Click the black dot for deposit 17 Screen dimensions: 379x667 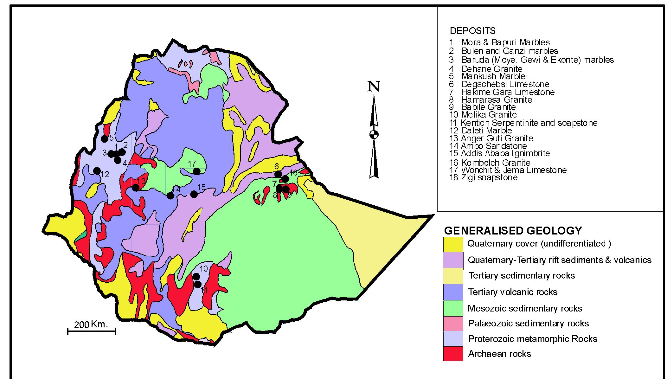pyautogui.click(x=197, y=171)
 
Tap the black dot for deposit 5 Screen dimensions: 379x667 pyautogui.click(x=104, y=138)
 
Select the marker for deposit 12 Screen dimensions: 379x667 pyautogui.click(x=97, y=171)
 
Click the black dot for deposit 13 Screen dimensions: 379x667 pyautogui.click(x=135, y=188)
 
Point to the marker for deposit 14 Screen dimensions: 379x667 pyautogui.click(x=170, y=196)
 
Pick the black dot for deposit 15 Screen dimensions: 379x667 pyautogui.click(x=194, y=194)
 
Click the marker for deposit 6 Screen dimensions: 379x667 pyautogui.click(x=278, y=174)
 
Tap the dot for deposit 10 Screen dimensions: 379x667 pyautogui.click(x=196, y=276)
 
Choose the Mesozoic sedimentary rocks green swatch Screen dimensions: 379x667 pyautogui.click(x=453, y=308)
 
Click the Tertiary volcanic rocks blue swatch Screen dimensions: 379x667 pyautogui.click(x=453, y=292)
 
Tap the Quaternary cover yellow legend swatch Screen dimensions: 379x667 pyautogui.click(x=453, y=244)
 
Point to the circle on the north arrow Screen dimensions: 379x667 pyautogui.click(x=374, y=134)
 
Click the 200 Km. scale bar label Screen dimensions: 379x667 pyautogui.click(x=91, y=324)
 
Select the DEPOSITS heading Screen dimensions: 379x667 pyautogui.click(x=472, y=31)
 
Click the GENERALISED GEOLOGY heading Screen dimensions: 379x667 pyautogui.click(x=513, y=230)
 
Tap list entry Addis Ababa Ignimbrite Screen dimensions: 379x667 pyautogui.click(x=505, y=153)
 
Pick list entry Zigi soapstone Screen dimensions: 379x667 pyautogui.click(x=489, y=177)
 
